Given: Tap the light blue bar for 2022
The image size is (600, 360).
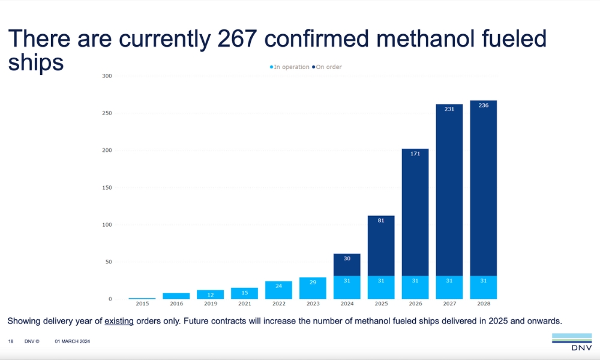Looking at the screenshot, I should pos(278,290).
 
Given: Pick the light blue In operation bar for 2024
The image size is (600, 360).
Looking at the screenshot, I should pos(347,287).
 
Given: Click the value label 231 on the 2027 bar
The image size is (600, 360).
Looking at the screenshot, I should pos(449,109).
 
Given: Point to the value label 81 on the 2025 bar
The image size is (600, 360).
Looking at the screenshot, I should pos(381,220).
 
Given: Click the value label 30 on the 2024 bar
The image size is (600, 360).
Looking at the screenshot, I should pos(347,258).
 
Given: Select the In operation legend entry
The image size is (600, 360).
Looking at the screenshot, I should pos(290,67).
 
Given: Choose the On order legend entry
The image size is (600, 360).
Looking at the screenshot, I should pos(327,67).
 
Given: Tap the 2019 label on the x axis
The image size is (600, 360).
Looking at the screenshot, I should pos(211,304).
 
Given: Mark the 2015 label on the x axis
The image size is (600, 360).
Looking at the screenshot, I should pos(142,304).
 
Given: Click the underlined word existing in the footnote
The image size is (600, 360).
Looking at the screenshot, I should pos(119,321).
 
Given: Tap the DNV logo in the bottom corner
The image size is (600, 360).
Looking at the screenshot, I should pos(571,340).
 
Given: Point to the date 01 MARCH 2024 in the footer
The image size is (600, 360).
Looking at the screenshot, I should pos(72,341).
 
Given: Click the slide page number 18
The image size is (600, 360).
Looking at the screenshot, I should pos(11,341).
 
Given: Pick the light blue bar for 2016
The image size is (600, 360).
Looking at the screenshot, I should pos(176,296).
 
